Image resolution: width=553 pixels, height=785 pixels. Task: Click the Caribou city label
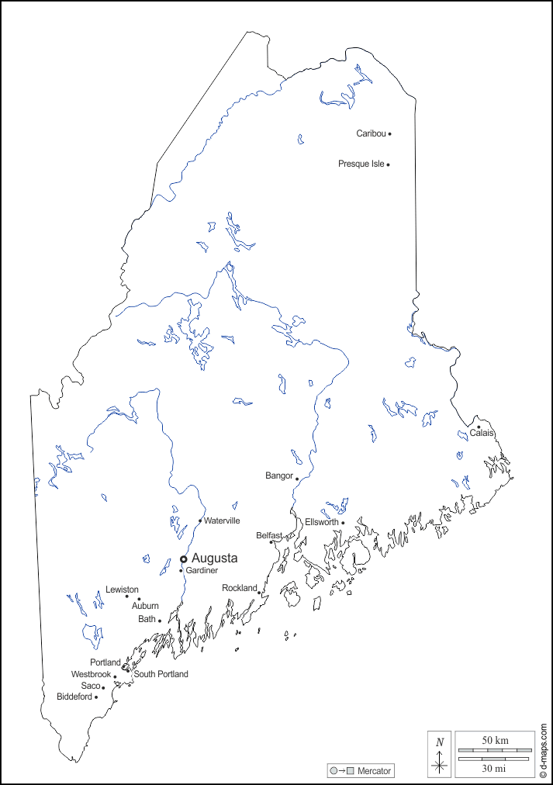tap(371, 133)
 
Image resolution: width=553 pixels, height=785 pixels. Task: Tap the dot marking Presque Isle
tap(388, 164)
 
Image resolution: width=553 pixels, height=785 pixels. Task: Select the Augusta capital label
tap(214, 558)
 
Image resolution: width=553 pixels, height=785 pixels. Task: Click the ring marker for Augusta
tap(184, 558)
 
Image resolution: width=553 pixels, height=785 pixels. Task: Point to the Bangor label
tap(278, 475)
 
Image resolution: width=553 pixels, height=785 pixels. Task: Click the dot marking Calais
tap(479, 427)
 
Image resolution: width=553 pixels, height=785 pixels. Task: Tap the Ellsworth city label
tap(321, 522)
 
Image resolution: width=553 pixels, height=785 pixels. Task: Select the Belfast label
tap(268, 535)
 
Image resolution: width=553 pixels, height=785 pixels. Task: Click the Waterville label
tap(222, 520)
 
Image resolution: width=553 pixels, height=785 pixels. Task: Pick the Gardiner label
tap(202, 571)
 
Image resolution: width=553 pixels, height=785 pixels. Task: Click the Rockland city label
tap(239, 588)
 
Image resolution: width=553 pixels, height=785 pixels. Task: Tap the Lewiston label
tap(122, 590)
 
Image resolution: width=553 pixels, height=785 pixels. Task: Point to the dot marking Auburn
tap(139, 599)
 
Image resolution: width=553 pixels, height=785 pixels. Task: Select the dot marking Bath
tap(160, 621)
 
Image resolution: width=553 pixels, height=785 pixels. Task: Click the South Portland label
tap(161, 674)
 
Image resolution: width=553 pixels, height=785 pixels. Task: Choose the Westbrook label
tap(91, 675)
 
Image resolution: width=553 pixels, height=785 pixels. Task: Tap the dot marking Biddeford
tap(96, 697)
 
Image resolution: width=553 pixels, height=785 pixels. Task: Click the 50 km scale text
tap(495, 741)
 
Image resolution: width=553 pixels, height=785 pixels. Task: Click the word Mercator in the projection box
tap(374, 771)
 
